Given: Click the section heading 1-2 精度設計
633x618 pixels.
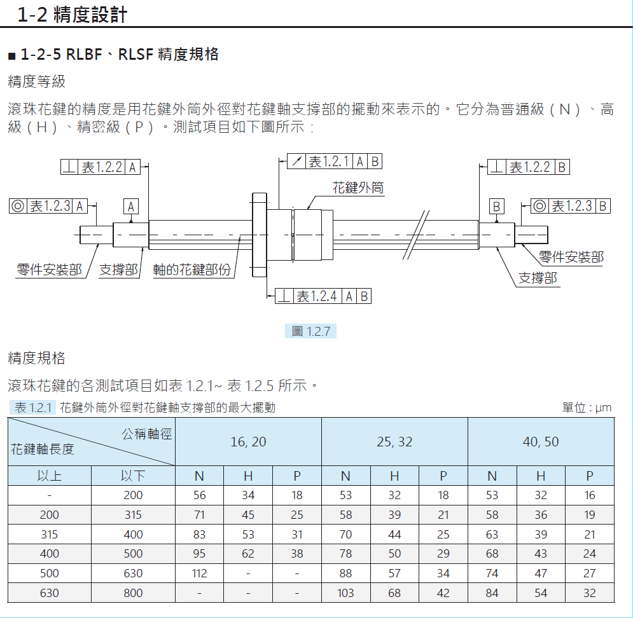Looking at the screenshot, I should pos(73,14).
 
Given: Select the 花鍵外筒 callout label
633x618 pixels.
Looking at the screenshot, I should pos(358,188).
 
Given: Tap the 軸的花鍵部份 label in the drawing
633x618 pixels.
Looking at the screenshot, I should pos(192,270).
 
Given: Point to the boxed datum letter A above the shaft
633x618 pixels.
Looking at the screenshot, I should pos(131,207).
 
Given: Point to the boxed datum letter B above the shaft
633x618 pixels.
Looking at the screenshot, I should pos(497,207).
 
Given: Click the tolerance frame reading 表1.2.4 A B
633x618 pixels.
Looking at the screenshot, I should pos(323,296).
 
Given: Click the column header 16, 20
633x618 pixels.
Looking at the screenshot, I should pos(248,442).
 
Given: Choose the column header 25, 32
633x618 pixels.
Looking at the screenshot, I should pos(394,442).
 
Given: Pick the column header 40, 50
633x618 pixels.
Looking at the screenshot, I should pos(541,442).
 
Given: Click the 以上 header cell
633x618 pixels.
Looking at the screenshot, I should pos(50,476).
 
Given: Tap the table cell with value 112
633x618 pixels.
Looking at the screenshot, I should pos(199,573).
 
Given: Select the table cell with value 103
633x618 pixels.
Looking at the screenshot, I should pos(345,593).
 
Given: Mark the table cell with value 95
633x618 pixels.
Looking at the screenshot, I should pos(199,554).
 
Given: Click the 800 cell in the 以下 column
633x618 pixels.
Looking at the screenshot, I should pos(133,593).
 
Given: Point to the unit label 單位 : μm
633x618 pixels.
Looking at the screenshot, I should pos(587,408).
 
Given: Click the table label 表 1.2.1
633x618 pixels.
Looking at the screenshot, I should pos(32,408).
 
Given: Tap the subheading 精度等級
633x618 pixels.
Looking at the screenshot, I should pos(36,81).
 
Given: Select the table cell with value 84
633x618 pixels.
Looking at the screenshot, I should pos(492,593).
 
